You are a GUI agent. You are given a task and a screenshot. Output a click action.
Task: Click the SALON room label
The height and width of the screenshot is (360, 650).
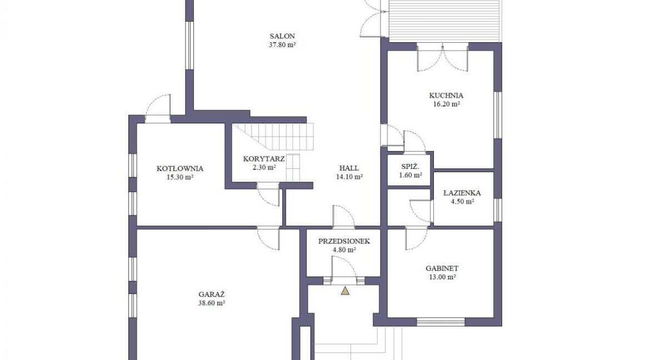coord(282,36)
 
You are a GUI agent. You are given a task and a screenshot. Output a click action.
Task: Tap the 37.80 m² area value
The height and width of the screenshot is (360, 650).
coord(282,45)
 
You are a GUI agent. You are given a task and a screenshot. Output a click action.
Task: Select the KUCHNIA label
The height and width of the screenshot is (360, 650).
coord(446,96)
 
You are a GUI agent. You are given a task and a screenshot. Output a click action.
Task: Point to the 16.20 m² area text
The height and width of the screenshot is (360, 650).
coord(447,104)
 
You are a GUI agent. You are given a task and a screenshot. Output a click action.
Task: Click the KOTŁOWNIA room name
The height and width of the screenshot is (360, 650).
coord(180,169)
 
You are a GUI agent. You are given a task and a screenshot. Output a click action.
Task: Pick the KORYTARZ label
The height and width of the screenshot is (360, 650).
coord(264,159)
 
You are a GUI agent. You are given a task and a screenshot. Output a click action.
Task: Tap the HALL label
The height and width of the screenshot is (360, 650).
coord(349,168)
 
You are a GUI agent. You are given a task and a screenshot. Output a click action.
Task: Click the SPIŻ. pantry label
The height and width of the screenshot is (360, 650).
coord(410,167)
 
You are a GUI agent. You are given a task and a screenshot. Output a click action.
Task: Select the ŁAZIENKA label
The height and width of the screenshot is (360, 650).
coord(462,193)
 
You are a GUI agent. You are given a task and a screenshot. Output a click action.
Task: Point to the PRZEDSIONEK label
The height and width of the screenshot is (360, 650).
coord(344,241)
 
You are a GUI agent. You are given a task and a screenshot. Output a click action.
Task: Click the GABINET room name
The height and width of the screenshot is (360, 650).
coord(442,268)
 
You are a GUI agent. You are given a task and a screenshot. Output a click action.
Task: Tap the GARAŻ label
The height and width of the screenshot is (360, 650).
coord(212,294)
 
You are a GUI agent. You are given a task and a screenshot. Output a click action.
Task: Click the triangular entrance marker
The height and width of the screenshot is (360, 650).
coord(345,291)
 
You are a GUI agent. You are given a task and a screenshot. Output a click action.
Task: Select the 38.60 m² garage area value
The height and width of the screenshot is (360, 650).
coord(212,303)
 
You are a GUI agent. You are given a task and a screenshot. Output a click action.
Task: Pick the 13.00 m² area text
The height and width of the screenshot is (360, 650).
coord(442,277)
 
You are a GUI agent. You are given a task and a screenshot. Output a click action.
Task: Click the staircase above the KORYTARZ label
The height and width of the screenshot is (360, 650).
coord(272,137)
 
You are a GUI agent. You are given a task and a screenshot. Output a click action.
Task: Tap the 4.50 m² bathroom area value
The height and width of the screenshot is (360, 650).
coord(462,202)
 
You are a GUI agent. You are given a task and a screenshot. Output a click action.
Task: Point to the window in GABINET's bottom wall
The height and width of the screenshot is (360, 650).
coord(441,322)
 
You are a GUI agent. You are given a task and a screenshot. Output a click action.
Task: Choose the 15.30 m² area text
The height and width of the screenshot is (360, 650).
coord(180,178)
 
